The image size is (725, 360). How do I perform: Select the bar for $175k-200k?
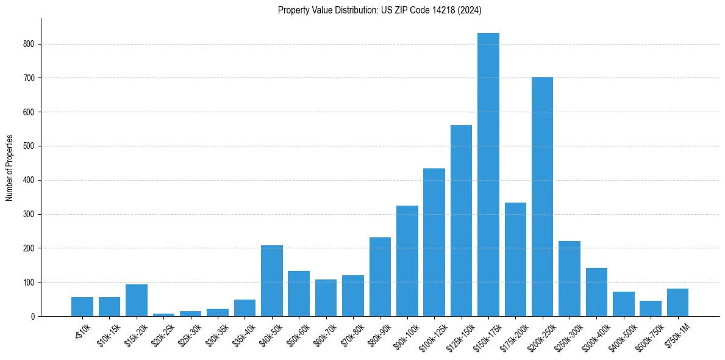[515, 259]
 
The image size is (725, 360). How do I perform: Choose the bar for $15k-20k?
[137, 300]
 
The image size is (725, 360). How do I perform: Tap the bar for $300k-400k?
[596, 292]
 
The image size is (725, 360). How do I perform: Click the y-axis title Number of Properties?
[9, 168]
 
